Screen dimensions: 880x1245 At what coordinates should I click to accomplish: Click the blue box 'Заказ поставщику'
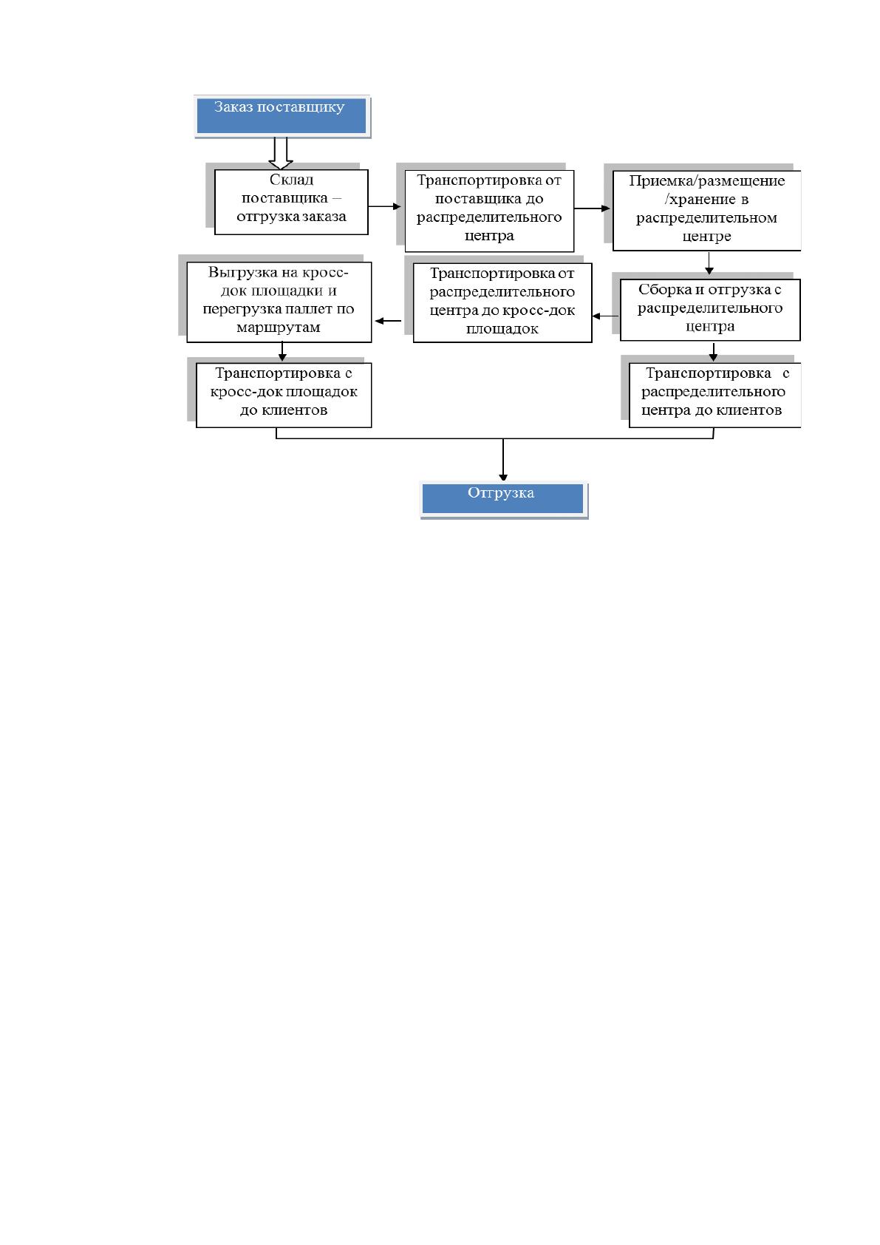[282, 115]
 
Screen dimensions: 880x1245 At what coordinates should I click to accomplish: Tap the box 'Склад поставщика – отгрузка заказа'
[291, 202]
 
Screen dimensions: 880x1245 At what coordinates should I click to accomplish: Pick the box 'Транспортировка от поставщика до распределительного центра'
[489, 211]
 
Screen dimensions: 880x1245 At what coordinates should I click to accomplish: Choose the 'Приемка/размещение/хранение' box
[706, 210]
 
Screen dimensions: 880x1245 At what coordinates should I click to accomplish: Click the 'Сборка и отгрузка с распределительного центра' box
[710, 310]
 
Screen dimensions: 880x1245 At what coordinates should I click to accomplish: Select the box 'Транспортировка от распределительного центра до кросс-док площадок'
[502, 302]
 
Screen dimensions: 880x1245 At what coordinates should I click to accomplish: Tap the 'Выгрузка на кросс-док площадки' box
[279, 302]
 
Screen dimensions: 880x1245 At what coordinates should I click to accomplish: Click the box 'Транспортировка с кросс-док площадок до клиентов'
[283, 395]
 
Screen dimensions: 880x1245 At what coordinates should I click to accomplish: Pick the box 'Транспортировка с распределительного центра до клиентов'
[715, 395]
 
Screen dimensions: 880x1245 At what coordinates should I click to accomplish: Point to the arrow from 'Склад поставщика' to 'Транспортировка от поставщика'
[384, 207]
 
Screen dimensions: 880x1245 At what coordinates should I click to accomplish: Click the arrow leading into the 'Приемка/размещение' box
[593, 208]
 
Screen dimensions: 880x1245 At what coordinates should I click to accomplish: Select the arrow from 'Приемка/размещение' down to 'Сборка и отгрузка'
[709, 263]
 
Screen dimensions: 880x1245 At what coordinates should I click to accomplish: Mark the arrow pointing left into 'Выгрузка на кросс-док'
[388, 321]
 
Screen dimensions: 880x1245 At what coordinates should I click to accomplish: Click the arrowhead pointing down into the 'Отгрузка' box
[503, 478]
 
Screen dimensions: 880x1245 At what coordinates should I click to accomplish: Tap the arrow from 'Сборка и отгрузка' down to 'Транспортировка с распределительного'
[713, 350]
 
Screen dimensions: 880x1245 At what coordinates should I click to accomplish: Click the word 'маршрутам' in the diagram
[279, 328]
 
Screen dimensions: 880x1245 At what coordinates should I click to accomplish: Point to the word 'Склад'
[292, 180]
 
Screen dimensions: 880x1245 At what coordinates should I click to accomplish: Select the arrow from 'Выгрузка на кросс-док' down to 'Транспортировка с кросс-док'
[282, 351]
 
